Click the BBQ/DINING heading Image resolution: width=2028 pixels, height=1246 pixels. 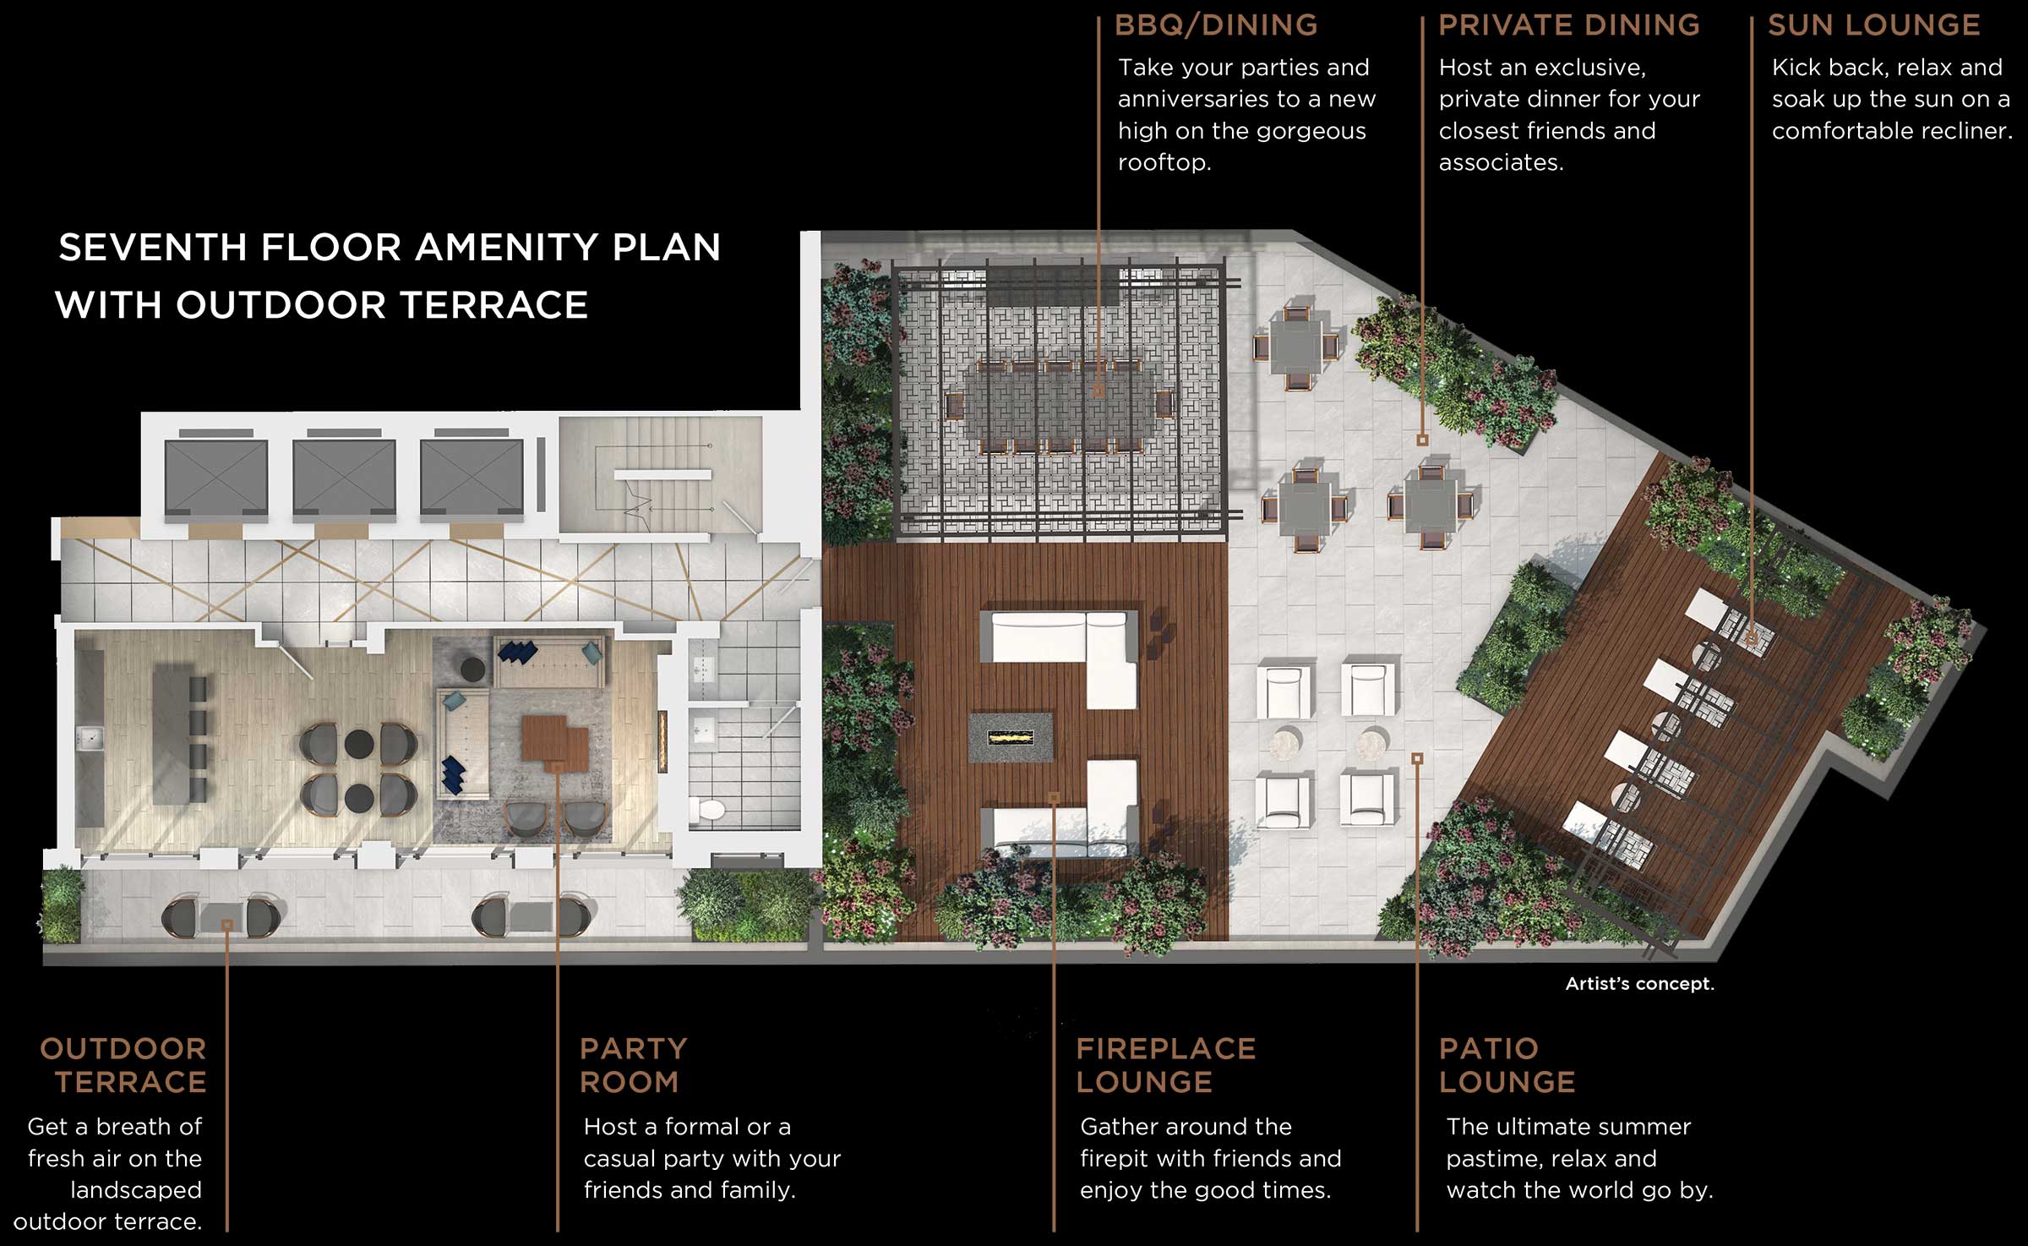click(1215, 25)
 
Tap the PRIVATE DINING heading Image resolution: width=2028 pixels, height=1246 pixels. click(1568, 25)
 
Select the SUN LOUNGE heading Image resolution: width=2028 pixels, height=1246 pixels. click(1873, 25)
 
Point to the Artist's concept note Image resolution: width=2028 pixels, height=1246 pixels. click(1639, 984)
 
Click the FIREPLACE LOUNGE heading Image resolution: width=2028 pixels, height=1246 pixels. click(1165, 1065)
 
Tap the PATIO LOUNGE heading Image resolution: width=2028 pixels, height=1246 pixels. click(1507, 1065)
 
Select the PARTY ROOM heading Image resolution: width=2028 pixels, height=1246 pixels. click(633, 1065)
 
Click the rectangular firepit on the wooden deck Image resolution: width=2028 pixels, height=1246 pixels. click(1011, 737)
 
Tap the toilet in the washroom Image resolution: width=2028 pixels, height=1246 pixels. click(707, 809)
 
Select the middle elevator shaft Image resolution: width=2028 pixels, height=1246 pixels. click(344, 476)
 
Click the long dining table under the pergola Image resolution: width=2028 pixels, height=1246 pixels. click(1059, 404)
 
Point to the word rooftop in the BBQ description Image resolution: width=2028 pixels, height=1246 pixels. click(1164, 162)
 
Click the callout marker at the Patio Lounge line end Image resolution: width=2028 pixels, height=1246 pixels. click(1417, 758)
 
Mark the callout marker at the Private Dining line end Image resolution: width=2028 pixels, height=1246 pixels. click(1422, 440)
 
